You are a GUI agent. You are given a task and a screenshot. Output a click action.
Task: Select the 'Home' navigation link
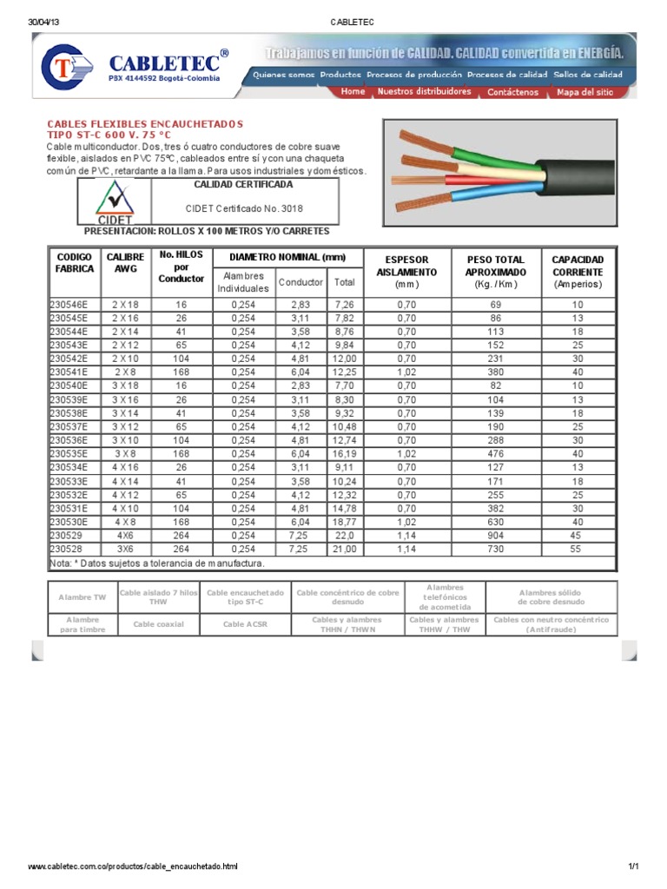[x=353, y=91]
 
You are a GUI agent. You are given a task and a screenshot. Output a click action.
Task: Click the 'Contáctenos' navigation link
[x=512, y=91]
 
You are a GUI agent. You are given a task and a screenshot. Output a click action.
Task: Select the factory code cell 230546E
[x=69, y=306]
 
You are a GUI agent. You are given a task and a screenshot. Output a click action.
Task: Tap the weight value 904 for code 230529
[x=496, y=537]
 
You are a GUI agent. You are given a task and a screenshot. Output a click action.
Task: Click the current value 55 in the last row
[x=578, y=550]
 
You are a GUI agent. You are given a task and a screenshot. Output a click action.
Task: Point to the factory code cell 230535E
[x=69, y=453]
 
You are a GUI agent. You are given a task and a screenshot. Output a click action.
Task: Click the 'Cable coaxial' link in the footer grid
[x=160, y=624]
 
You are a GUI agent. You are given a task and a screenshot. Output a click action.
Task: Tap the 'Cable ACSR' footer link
[x=244, y=624]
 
